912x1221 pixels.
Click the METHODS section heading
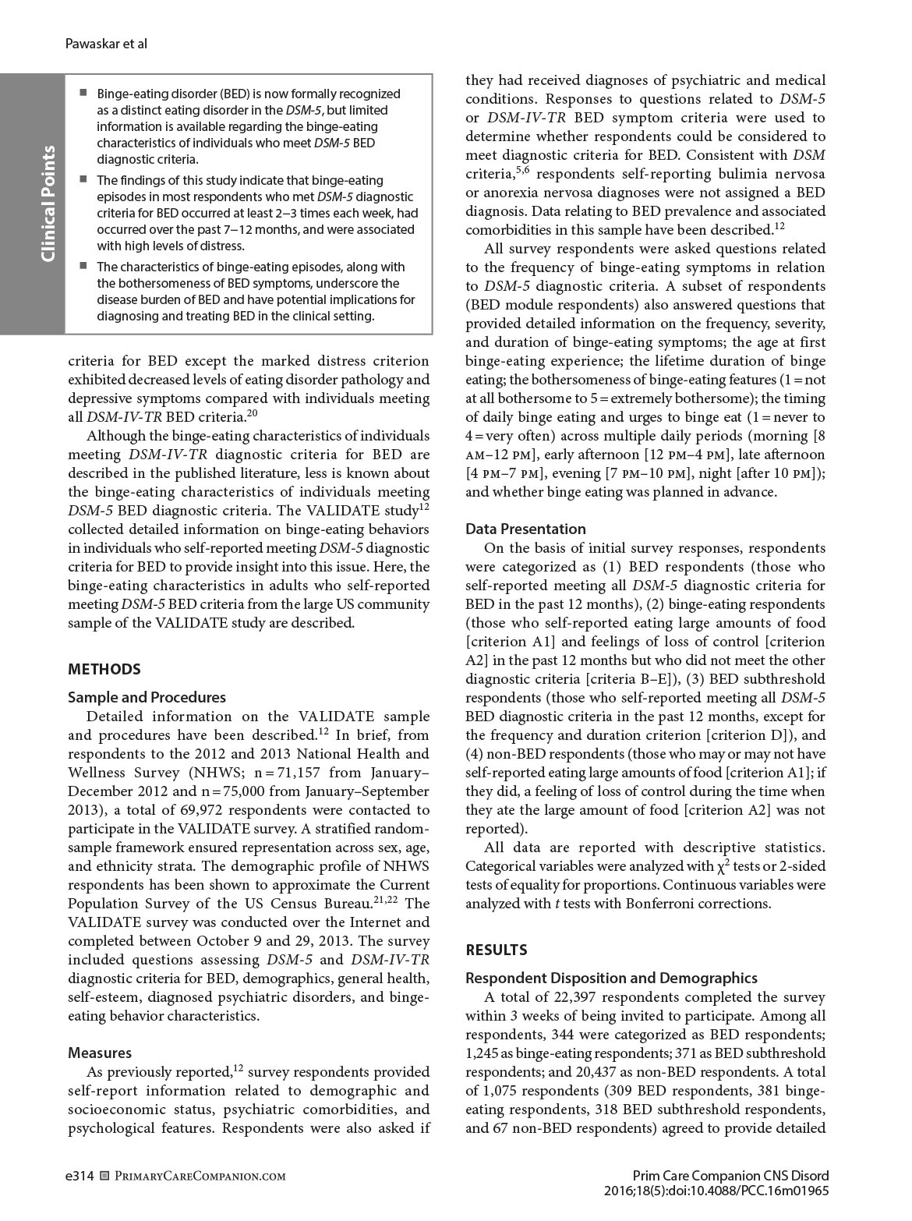(x=104, y=669)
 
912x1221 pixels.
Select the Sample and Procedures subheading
(x=147, y=697)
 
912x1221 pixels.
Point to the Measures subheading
(x=100, y=1053)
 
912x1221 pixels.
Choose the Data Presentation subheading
(x=525, y=529)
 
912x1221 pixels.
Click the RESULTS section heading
(x=496, y=950)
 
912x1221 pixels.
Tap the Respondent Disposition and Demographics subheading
(x=611, y=978)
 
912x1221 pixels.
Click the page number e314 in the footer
(x=80, y=1176)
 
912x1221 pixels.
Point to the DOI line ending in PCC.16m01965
(x=716, y=1191)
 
